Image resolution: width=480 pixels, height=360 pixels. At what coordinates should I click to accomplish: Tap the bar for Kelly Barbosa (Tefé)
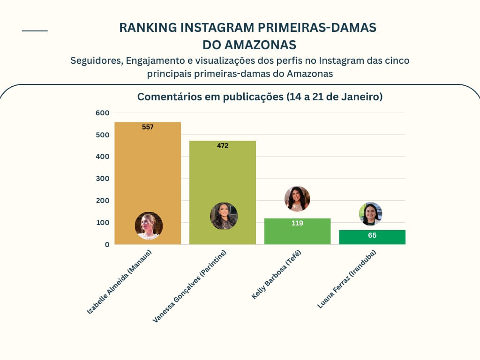tap(297, 234)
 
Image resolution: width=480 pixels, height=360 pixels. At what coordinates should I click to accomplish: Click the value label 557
tap(148, 127)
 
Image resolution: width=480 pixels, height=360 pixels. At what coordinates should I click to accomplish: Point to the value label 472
tap(223, 146)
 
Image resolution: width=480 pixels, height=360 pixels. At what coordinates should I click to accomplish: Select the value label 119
tap(297, 223)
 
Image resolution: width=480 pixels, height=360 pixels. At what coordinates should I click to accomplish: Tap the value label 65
tap(372, 235)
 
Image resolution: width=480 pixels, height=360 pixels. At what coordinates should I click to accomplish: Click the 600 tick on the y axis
tap(103, 112)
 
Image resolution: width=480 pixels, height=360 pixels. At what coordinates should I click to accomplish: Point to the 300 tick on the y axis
tap(103, 179)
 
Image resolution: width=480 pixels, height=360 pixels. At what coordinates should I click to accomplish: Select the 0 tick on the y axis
tap(107, 244)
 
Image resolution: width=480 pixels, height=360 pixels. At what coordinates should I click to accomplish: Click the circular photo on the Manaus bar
tap(149, 225)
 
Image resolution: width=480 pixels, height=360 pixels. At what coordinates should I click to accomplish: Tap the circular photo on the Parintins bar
tap(224, 216)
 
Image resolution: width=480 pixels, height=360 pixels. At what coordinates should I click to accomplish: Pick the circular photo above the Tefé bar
tap(297, 199)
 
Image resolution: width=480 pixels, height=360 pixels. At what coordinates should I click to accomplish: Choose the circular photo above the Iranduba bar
tap(371, 214)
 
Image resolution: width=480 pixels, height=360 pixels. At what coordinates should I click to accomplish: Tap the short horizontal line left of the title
tap(35, 31)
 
